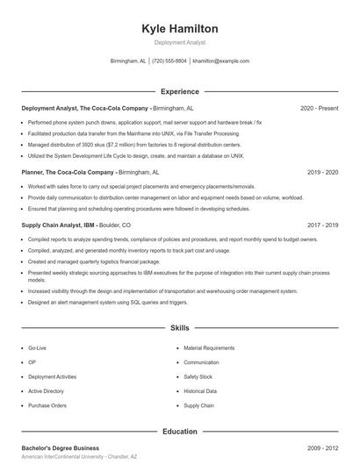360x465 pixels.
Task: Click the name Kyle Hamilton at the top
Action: tap(179, 29)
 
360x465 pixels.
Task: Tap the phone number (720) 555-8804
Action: tap(169, 61)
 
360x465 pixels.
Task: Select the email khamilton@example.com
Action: tap(220, 61)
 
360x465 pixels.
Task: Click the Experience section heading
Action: tap(179, 91)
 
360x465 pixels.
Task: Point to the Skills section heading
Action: tap(179, 328)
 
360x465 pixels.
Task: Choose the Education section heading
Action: tap(179, 432)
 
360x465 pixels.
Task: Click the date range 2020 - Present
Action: tap(319, 108)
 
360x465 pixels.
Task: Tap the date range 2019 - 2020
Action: tap(322, 173)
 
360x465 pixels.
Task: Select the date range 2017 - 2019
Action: tap(322, 225)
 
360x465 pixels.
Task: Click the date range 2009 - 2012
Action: tap(322, 448)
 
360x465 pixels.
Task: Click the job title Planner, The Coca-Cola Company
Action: tap(68, 173)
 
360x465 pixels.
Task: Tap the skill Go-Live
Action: tap(38, 348)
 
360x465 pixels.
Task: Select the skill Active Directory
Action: tap(46, 391)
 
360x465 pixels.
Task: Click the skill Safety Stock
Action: tap(198, 377)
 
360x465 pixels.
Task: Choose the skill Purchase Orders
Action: tap(47, 405)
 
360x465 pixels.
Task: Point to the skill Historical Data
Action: tap(200, 391)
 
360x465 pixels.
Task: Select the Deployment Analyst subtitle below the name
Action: tap(179, 42)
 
